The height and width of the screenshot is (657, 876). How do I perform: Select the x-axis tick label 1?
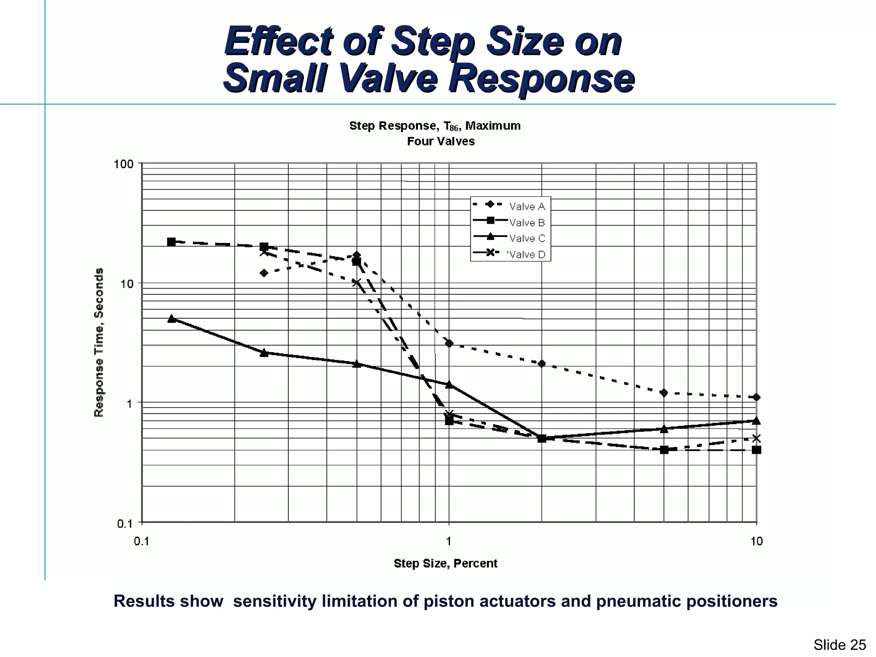point(449,542)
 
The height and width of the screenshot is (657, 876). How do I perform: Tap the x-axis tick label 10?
point(756,542)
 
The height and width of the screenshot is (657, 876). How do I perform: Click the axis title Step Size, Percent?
point(445,563)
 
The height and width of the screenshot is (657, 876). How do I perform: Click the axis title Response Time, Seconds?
point(99,342)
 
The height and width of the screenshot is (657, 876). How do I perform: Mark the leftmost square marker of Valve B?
point(171,242)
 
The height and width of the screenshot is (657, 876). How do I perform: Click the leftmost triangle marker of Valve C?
point(172,319)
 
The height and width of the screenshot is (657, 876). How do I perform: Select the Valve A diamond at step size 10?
point(756,397)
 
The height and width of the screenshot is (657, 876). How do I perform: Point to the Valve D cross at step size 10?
point(756,438)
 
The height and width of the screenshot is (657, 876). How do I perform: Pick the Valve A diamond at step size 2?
point(542,364)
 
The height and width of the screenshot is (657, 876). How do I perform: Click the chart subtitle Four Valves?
point(441,142)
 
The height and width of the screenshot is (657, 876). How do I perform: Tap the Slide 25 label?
point(840,645)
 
